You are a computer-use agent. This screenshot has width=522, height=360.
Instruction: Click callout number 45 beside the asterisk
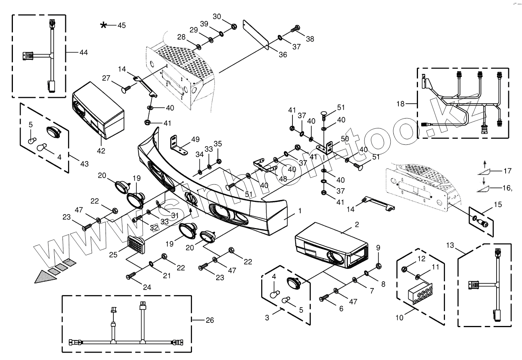click(x=122, y=25)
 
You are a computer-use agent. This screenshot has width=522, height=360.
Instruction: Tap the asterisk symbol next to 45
click(x=103, y=25)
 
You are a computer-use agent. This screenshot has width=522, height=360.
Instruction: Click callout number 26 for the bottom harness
click(x=210, y=320)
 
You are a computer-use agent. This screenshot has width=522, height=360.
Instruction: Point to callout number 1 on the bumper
click(x=300, y=211)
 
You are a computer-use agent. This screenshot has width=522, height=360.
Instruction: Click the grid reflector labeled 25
click(x=136, y=245)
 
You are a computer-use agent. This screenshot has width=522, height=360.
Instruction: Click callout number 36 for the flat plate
click(x=282, y=55)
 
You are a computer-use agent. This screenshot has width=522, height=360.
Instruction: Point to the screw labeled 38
click(x=295, y=29)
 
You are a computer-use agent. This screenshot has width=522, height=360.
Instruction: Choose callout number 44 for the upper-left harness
click(x=84, y=52)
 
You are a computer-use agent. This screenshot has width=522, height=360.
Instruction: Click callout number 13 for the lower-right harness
click(x=450, y=245)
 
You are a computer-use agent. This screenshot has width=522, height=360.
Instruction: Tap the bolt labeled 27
click(x=126, y=90)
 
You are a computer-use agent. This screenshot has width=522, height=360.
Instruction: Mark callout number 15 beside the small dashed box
click(x=497, y=205)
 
